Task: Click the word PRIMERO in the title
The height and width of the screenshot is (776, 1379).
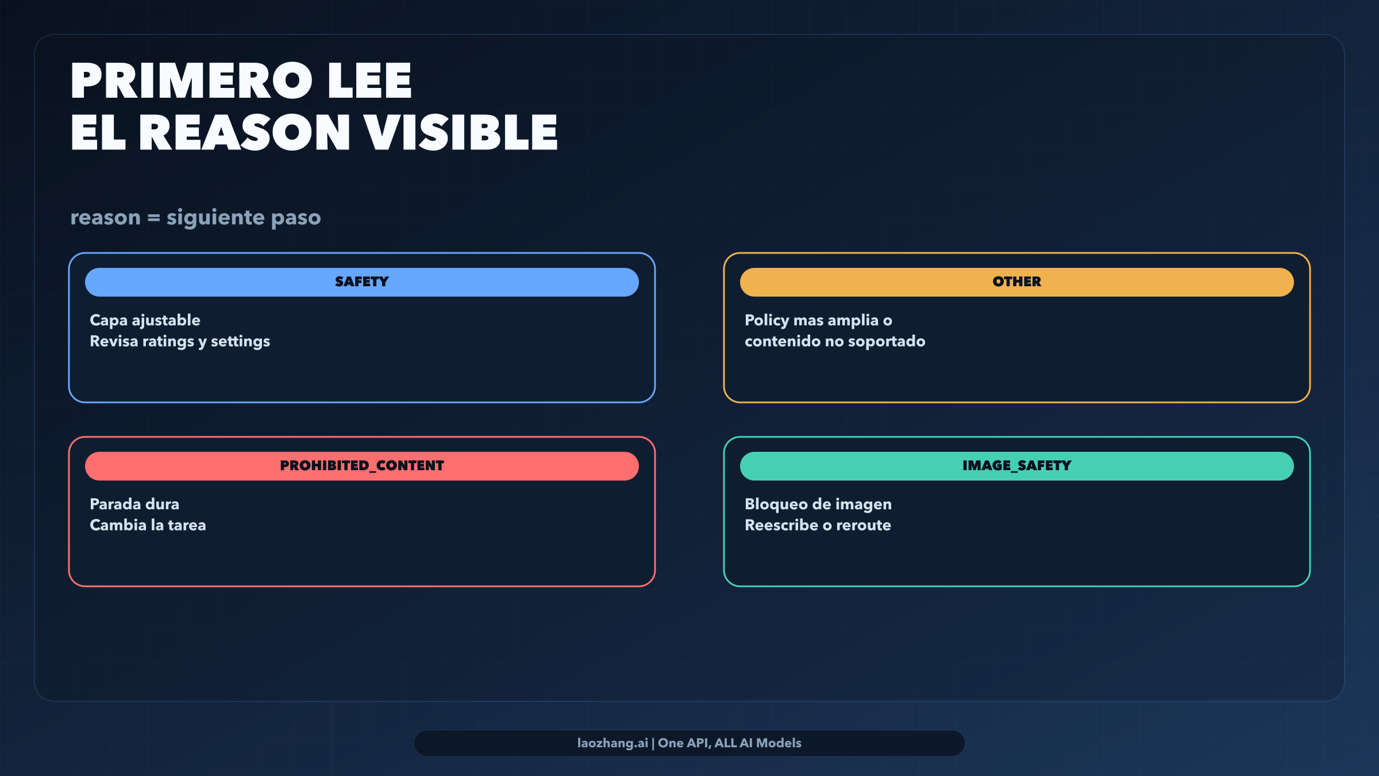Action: [192, 81]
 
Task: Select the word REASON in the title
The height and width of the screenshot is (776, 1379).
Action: [244, 133]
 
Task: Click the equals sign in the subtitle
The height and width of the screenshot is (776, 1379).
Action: [153, 218]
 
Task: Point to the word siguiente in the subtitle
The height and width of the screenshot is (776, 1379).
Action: [215, 218]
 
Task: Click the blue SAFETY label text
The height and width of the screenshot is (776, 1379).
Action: [362, 282]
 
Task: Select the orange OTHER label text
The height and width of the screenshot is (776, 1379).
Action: [1017, 282]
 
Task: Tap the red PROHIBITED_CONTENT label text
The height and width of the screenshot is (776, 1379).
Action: [362, 466]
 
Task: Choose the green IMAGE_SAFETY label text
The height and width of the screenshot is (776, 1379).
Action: [1017, 466]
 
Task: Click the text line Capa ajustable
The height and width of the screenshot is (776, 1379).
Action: [145, 321]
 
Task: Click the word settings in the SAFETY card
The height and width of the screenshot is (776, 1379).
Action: [240, 342]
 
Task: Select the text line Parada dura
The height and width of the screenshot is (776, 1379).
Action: [134, 504]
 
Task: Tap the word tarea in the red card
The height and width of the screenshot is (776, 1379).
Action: [187, 525]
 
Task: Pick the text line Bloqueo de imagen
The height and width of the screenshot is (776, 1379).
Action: [818, 505]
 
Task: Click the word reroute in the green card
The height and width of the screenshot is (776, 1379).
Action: [864, 525]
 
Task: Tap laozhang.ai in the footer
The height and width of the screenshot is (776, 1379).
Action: [613, 743]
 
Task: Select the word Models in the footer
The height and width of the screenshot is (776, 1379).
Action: [779, 743]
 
